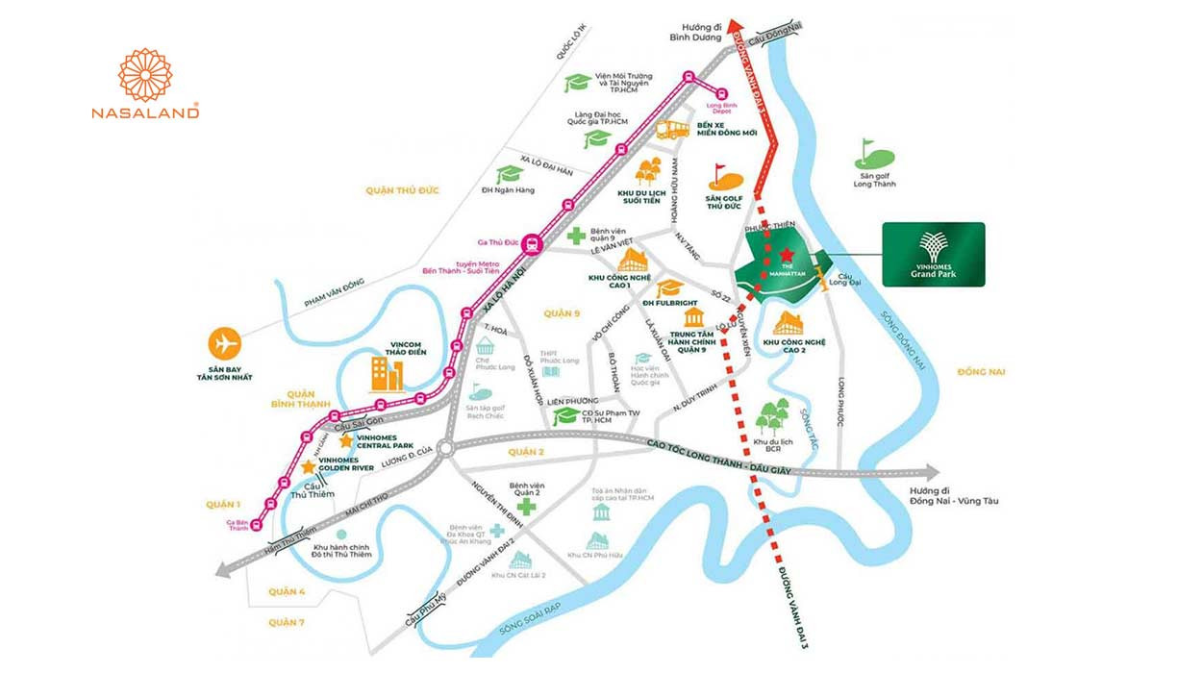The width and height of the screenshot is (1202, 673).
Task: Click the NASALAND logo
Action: pos(145,85)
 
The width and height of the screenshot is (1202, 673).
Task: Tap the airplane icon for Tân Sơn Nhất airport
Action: pos(225,343)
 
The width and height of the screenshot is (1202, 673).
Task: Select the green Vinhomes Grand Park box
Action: pos(934,255)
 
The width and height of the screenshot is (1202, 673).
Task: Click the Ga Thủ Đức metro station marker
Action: pos(531,245)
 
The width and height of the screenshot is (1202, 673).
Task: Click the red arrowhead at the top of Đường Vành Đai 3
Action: pos(738,26)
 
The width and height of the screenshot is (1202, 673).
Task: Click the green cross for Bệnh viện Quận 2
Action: pos(526,507)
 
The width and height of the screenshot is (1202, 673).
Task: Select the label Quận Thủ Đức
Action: pos(402,190)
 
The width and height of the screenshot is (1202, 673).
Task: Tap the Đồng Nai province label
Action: pos(981,371)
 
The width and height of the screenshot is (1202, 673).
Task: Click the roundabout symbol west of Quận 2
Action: pos(443,448)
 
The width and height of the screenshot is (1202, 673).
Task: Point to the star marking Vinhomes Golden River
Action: pos(308,466)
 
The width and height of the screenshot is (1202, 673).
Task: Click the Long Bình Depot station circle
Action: pos(722,92)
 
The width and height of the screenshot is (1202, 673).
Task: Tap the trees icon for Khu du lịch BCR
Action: pos(772,417)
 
